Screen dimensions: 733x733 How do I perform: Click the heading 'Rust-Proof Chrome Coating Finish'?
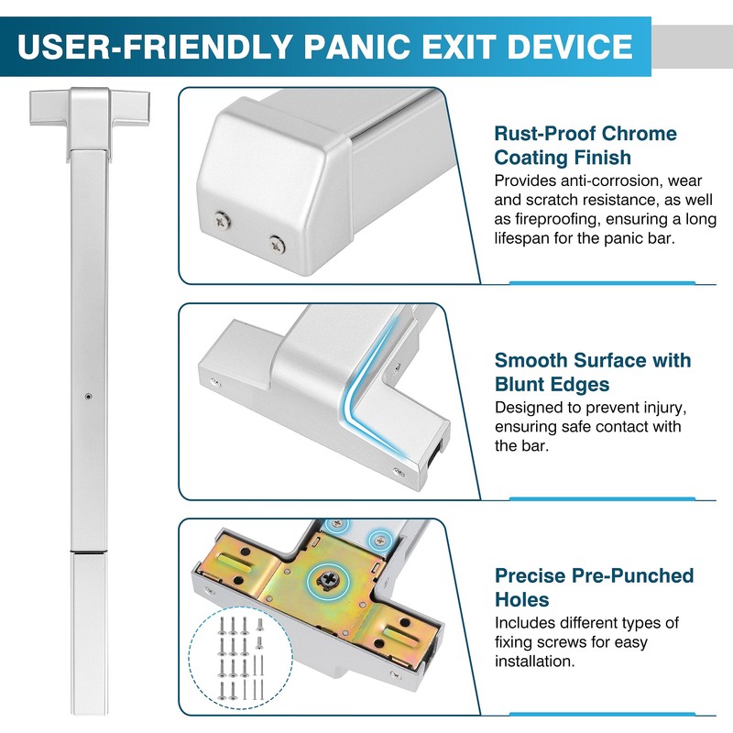585,146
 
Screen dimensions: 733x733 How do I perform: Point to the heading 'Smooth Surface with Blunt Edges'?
593,372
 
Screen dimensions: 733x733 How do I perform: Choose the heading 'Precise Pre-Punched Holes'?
594,587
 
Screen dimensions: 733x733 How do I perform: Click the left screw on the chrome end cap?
222,219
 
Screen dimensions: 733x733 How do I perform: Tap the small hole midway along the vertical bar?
87,397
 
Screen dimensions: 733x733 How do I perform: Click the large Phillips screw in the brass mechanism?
325,579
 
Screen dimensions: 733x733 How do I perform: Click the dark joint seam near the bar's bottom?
88,553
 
